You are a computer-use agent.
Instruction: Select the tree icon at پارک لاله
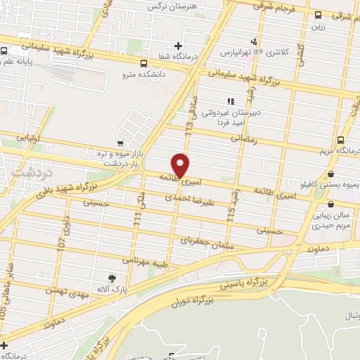[x=112, y=280]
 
